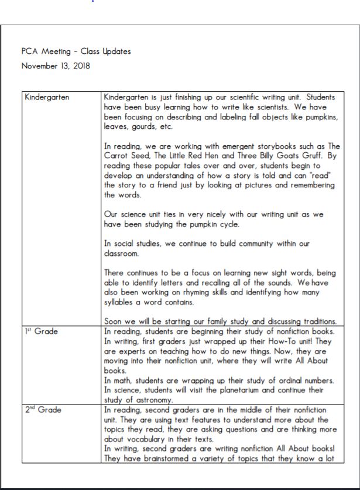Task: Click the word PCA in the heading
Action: pos(29,52)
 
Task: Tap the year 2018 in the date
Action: pos(80,66)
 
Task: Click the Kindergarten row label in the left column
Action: pos(47,97)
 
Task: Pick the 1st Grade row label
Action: pos(42,331)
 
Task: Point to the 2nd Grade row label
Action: pos(43,410)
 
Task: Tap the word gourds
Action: pos(143,126)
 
